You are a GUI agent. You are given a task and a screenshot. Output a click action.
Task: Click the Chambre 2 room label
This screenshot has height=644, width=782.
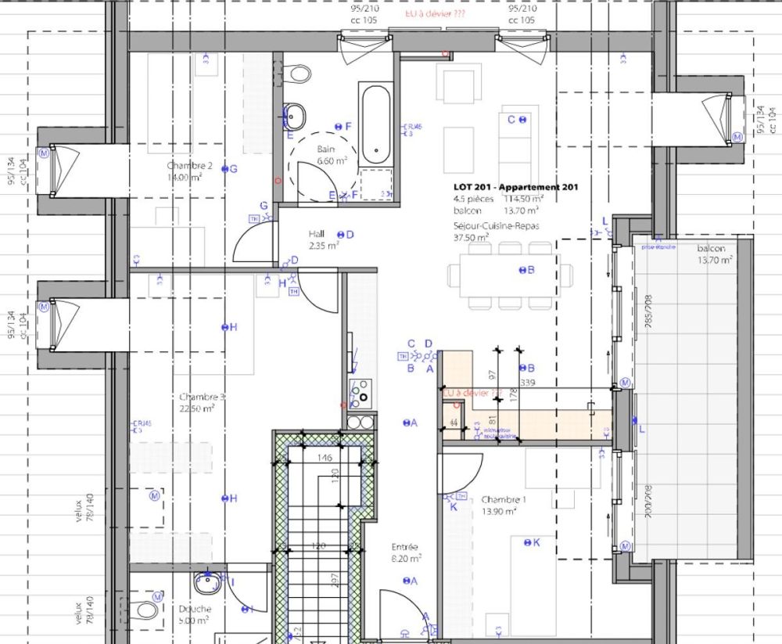[189, 166]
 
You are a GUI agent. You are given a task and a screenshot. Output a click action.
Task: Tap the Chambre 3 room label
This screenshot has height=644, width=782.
[202, 398]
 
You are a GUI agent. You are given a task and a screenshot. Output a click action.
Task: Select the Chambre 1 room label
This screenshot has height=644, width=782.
[504, 500]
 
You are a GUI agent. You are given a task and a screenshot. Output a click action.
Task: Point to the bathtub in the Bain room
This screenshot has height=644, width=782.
[375, 123]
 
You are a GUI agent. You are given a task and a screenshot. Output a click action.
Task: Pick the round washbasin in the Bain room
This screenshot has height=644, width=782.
[296, 117]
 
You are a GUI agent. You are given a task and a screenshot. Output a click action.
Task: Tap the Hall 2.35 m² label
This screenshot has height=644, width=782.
[317, 234]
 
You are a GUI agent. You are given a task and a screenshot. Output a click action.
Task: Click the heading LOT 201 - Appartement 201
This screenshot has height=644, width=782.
[516, 188]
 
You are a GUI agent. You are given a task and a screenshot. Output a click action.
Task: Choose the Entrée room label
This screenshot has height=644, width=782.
[405, 547]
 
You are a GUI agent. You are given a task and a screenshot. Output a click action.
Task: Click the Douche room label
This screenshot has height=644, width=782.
[193, 609]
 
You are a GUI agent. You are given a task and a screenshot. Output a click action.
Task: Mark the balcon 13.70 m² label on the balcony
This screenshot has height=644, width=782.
[712, 249]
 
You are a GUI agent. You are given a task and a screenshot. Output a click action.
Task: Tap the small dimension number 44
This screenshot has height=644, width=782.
[454, 423]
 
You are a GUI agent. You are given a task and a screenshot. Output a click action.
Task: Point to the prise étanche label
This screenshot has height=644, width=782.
[658, 246]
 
